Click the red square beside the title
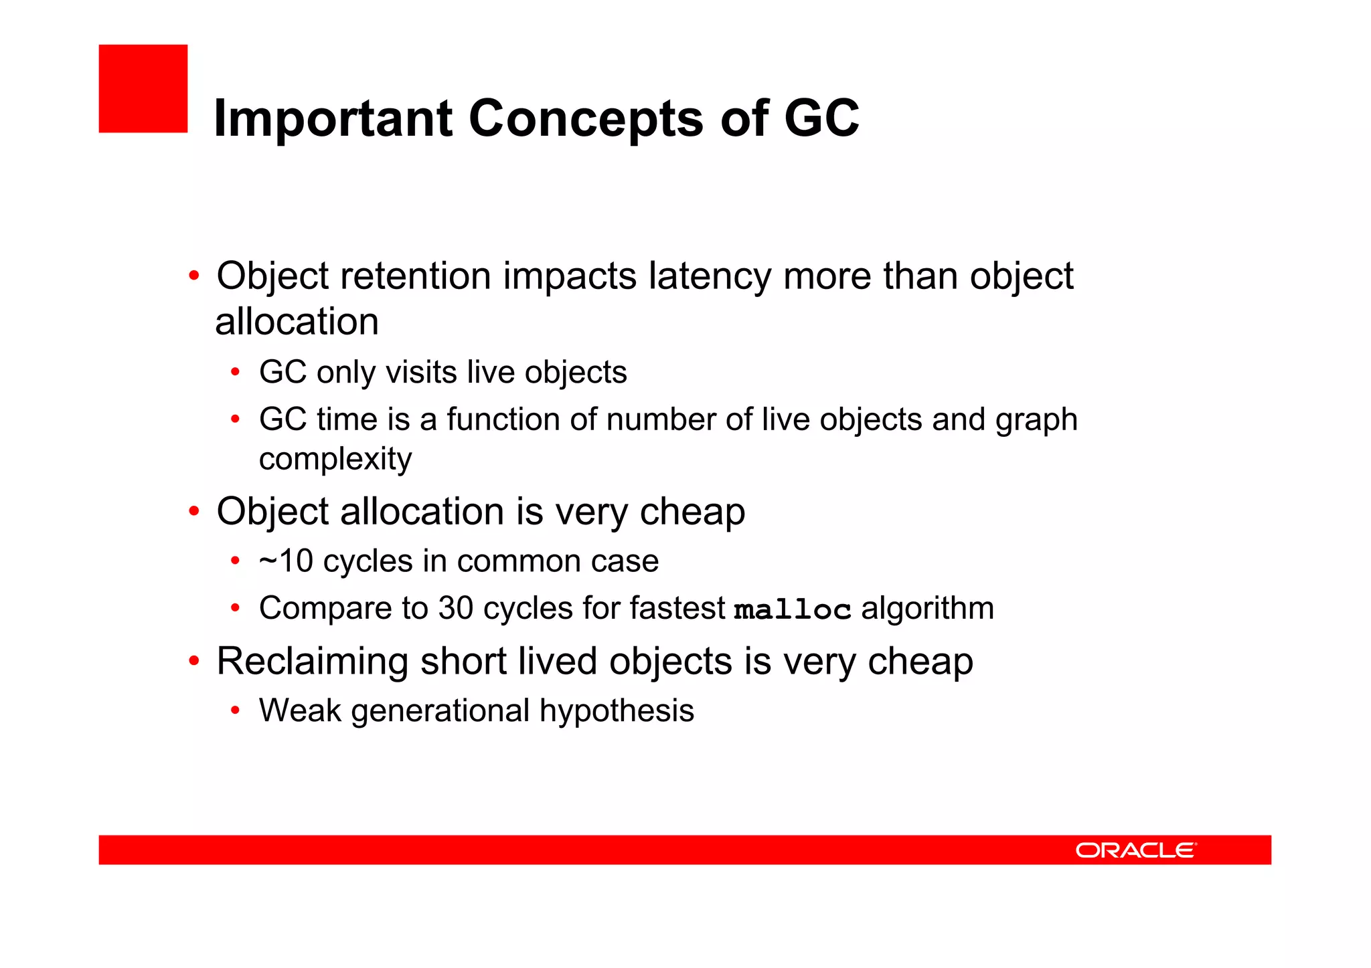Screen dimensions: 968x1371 143,88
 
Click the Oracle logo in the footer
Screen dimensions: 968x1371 1135,850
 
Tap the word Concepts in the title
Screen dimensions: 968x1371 586,118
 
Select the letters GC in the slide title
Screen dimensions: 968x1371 821,118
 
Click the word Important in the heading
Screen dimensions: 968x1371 333,118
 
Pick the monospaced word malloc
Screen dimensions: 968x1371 793,609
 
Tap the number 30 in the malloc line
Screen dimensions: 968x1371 456,608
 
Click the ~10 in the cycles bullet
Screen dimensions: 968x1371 286,561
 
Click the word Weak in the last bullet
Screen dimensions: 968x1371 300,710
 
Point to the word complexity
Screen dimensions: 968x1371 335,460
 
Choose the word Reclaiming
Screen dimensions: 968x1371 312,662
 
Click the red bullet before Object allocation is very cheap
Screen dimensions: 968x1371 194,512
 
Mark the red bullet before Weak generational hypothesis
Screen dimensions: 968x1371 235,710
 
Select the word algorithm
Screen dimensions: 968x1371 927,608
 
